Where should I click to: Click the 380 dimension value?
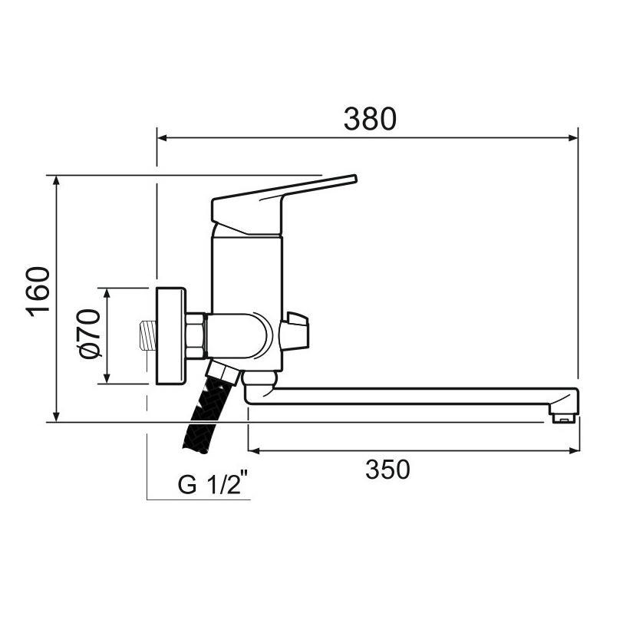(369, 119)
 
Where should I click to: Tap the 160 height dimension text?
(38, 291)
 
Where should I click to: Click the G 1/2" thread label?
(214, 486)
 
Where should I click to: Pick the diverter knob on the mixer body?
(295, 332)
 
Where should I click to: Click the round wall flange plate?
(170, 335)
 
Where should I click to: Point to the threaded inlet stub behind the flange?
(145, 335)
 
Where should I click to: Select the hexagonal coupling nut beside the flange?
(195, 335)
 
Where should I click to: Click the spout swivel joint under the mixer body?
(260, 380)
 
